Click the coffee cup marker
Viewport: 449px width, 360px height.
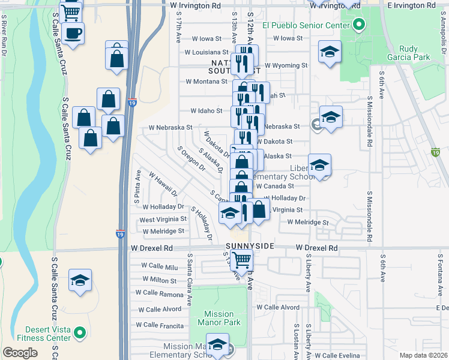[x=73, y=34]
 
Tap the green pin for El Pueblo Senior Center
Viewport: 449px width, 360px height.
[x=359, y=25]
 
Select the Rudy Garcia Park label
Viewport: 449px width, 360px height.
[x=415, y=53]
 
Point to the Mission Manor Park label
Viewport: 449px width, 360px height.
[x=218, y=318]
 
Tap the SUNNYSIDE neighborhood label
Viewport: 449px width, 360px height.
[x=250, y=247]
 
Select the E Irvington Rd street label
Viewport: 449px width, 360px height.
[x=414, y=5]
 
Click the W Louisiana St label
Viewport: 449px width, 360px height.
[x=206, y=52]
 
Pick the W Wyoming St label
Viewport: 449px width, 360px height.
[x=286, y=65]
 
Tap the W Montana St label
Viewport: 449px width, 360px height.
[x=206, y=81]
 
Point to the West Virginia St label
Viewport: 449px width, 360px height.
[x=163, y=220]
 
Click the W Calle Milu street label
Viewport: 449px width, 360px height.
[x=160, y=265]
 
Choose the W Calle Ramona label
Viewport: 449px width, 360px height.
[x=159, y=293]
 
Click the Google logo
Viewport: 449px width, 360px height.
[x=20, y=352]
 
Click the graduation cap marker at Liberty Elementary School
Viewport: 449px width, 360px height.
[x=320, y=166]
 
